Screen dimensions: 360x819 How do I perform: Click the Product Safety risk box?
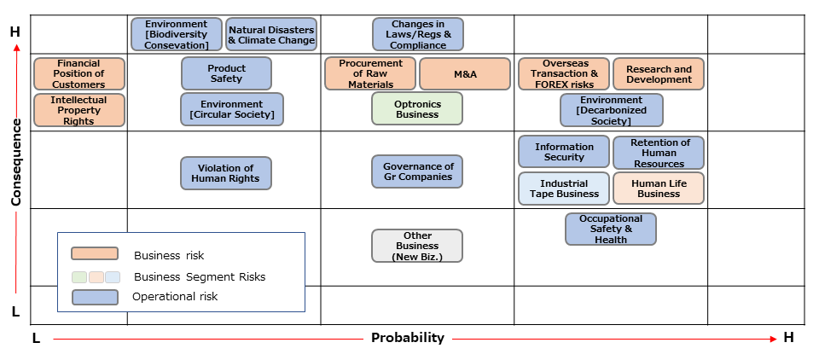[x=226, y=73]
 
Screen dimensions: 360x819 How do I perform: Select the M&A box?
[x=465, y=74]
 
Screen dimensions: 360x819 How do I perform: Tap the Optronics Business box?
[x=417, y=108]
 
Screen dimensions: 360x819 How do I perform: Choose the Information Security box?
[x=564, y=152]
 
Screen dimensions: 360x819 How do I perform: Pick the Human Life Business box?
[x=659, y=189]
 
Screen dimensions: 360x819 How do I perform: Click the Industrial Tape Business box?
[x=564, y=189]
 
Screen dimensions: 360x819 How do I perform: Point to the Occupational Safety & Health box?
[x=610, y=229]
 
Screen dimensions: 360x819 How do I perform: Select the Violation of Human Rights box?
[x=226, y=173]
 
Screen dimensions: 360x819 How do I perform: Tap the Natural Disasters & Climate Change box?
[x=271, y=34]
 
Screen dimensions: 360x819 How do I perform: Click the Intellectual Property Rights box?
[x=78, y=110]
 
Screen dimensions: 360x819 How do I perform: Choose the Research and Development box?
[x=659, y=74]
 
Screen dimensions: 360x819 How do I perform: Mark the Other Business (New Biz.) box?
[x=417, y=246]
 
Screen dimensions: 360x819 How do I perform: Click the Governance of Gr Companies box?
[x=417, y=171]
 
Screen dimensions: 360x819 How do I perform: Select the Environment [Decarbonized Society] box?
[x=611, y=110]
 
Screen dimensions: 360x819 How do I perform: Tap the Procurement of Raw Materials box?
[x=370, y=74]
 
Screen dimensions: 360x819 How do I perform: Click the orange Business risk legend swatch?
[x=94, y=253]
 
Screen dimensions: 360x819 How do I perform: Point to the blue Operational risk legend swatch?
[x=94, y=297]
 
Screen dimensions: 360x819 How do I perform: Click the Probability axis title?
[x=408, y=338]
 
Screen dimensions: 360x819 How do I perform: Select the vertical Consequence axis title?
[x=15, y=162]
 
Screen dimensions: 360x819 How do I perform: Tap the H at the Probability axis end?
[x=788, y=338]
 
